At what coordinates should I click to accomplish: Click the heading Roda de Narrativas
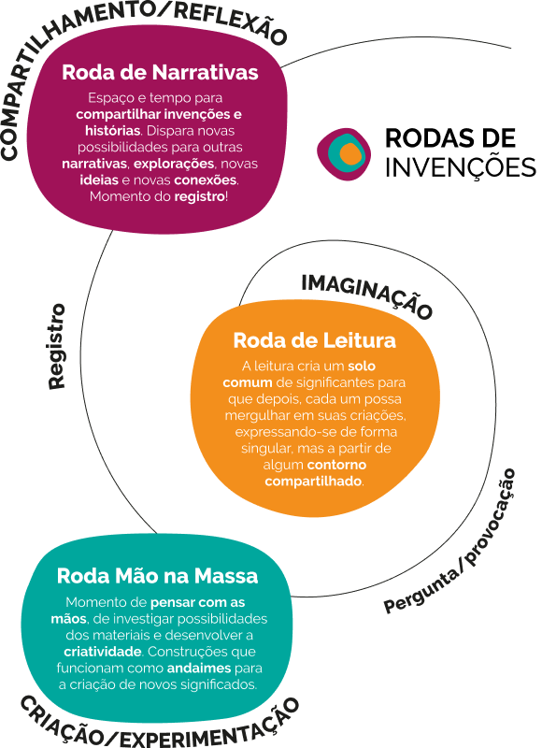[x=160, y=73]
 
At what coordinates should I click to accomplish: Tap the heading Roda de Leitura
[x=315, y=340]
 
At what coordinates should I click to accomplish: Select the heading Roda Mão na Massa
[x=157, y=576]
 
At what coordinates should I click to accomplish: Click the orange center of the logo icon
[x=349, y=153]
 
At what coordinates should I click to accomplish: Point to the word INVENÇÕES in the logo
[x=461, y=168]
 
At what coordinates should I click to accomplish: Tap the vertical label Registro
[x=56, y=346]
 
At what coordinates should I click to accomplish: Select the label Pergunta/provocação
[x=450, y=541]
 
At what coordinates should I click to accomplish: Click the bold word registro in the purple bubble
[x=199, y=196]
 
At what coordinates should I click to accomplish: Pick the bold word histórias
[x=112, y=131]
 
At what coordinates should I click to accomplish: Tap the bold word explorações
[x=174, y=164]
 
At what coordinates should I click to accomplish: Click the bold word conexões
[x=206, y=180]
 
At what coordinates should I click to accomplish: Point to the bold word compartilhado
[x=313, y=481]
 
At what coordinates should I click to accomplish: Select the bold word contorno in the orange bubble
[x=336, y=465]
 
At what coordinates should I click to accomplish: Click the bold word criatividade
[x=103, y=652]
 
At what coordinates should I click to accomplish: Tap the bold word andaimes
[x=199, y=668]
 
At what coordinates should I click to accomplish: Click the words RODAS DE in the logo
[x=450, y=137]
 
